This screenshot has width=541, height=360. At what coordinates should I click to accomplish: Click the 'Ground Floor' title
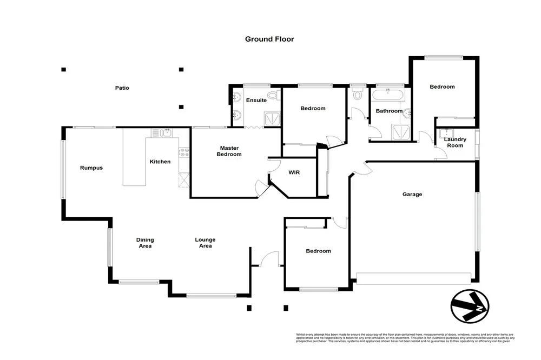[269, 39]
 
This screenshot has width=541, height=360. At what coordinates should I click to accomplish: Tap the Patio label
[122, 88]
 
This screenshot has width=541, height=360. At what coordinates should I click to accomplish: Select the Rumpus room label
[91, 168]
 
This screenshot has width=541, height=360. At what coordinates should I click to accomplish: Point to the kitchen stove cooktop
[184, 152]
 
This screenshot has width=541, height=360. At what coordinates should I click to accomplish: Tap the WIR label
[294, 172]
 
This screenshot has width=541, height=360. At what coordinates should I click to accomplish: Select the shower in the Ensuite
[269, 119]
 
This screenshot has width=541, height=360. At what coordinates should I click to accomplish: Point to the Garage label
[412, 195]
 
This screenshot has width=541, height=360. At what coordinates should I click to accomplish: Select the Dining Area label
[145, 243]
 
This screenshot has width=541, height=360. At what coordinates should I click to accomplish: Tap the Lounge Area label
[205, 243]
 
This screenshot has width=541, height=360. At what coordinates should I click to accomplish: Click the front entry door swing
[268, 259]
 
